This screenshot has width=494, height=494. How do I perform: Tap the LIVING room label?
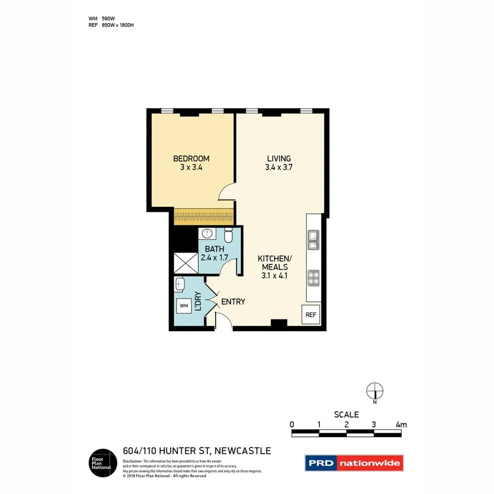tap(278, 159)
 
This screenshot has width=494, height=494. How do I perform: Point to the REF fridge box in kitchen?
tap(311, 315)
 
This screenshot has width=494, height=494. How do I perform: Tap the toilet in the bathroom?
tap(229, 236)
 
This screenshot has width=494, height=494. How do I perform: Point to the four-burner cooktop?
tap(313, 278)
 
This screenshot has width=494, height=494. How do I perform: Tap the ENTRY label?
tap(233, 302)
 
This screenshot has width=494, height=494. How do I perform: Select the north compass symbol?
tap(375, 391)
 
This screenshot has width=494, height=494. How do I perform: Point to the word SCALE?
tap(346, 414)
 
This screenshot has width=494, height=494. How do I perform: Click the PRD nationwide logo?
tap(354, 463)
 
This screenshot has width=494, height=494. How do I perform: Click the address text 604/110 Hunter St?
tap(197, 451)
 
